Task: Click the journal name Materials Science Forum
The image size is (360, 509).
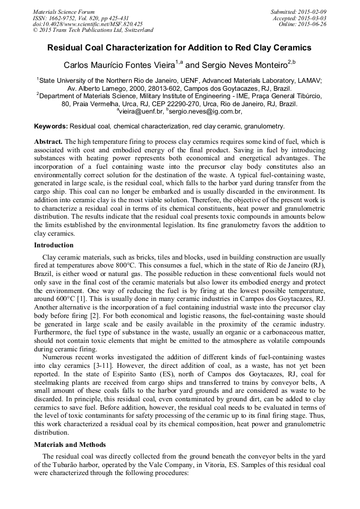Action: click(64, 11)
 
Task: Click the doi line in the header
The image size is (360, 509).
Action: click(88, 24)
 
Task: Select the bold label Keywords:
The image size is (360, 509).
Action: click(51, 126)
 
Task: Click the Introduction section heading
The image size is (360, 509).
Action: click(54, 245)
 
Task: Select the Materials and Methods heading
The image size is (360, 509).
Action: click(70, 444)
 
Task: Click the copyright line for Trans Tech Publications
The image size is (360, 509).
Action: click(93, 30)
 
